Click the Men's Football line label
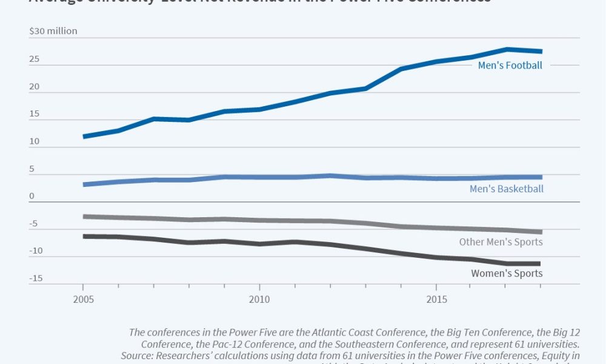pyautogui.click(x=510, y=66)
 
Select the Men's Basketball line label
pyautogui.click(x=506, y=189)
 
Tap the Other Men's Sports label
pyautogui.click(x=500, y=242)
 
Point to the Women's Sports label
pyautogui.click(x=507, y=273)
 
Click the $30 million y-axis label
pyautogui.click(x=53, y=31)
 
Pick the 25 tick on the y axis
pyautogui.click(x=35, y=59)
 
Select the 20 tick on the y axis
pyautogui.click(x=35, y=87)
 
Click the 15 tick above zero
pyautogui.click(x=35, y=114)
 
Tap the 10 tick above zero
pyautogui.click(x=35, y=141)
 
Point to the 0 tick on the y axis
pyautogui.click(x=32, y=196)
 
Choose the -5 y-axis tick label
pyautogui.click(x=34, y=224)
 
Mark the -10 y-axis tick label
pyautogui.click(x=36, y=251)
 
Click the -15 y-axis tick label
pyautogui.click(x=36, y=278)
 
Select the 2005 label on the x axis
pyautogui.click(x=84, y=300)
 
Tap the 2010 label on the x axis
pyautogui.click(x=259, y=300)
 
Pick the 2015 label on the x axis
pyautogui.click(x=436, y=300)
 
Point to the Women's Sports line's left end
pyautogui.click(x=84, y=236)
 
